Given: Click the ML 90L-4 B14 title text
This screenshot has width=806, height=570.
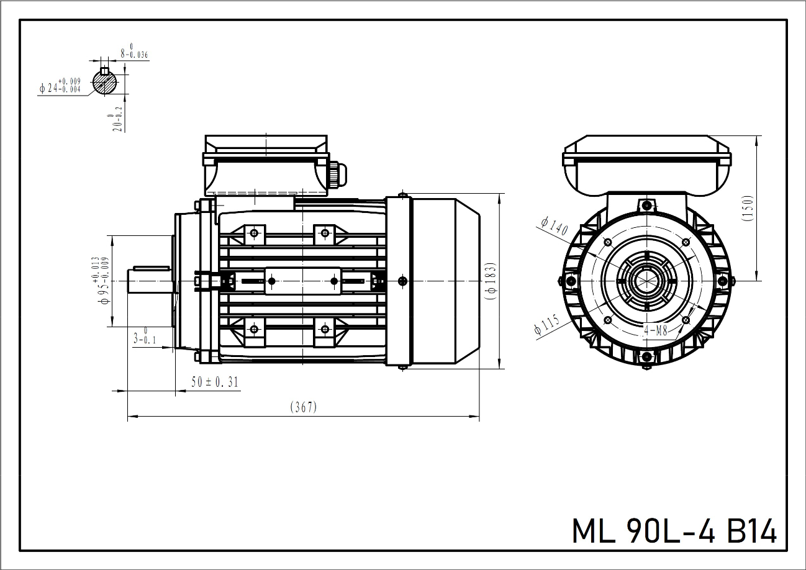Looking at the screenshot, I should point(674,531).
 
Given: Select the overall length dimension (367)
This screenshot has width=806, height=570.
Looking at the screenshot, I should point(304,407).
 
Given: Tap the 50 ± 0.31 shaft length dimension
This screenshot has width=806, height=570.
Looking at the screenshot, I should point(215,382).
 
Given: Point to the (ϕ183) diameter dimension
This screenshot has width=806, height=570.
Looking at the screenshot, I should point(491,281).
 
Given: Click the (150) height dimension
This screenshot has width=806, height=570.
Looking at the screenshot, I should point(748,209).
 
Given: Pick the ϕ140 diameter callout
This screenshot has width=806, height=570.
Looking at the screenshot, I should point(554,225).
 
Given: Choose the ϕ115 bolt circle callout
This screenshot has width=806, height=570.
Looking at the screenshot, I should point(546,325).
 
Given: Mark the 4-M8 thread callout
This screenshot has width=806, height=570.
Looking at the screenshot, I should point(655,331).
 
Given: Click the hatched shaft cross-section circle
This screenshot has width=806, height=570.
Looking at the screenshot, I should point(105,83).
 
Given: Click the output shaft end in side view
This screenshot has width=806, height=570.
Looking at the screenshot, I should point(149,281).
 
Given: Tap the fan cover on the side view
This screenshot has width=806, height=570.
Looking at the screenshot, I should point(444,281).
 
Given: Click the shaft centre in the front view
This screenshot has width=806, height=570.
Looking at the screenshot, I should point(646,281).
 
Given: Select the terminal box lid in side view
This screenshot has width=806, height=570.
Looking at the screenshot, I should point(265,149).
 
